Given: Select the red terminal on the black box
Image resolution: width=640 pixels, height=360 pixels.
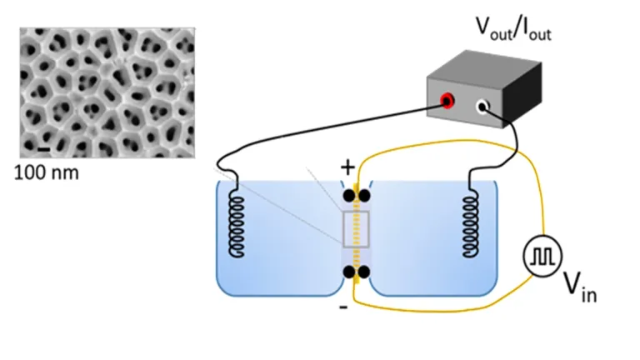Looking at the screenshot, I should (447, 102).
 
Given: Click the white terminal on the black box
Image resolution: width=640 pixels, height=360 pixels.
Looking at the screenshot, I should (482, 107).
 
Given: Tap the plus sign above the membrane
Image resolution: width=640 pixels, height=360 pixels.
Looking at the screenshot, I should (347, 167).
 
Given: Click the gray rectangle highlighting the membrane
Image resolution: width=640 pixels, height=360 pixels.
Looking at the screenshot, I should (356, 228).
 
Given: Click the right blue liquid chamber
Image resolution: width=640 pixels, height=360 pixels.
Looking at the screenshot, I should (433, 242).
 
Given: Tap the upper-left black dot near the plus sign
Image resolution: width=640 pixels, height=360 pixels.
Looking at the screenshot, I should (349, 197).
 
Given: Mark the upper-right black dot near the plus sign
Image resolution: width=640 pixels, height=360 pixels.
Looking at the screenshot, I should (364, 197).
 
